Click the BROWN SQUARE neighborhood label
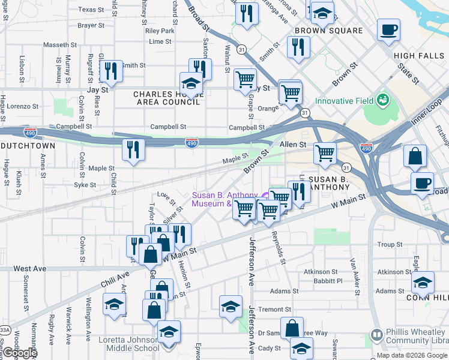(x=329, y=31)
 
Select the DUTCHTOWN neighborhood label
(x=28, y=146)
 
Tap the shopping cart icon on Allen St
(x=325, y=153)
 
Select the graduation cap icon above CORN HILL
(x=423, y=282)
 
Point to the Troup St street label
(x=390, y=245)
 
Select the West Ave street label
(x=29, y=268)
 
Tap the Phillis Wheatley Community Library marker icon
(x=377, y=334)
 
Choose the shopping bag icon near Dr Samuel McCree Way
(x=292, y=328)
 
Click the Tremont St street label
(x=274, y=310)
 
